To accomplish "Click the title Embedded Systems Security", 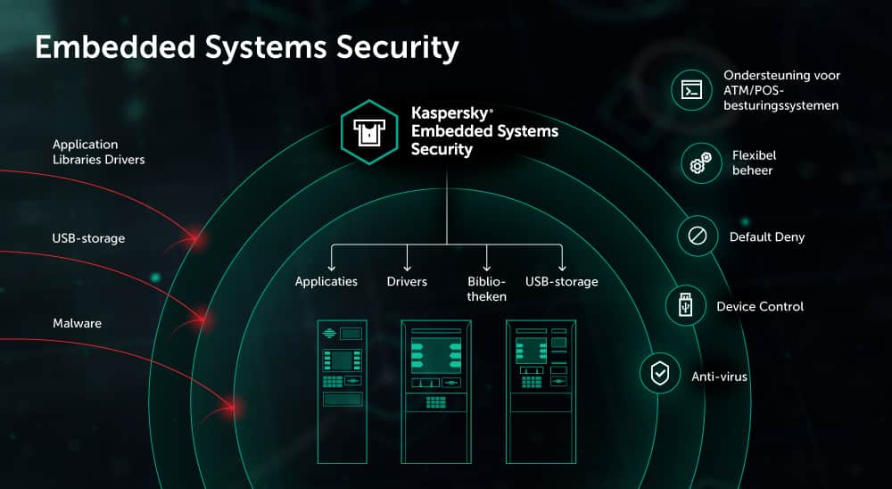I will [x=246, y=48].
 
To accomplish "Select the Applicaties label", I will [x=326, y=282].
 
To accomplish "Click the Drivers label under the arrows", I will [x=407, y=282].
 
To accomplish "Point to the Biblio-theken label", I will [x=487, y=289].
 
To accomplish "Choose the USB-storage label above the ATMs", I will [x=562, y=282].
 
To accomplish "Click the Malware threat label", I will [x=77, y=323].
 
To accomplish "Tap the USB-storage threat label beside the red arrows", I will [x=88, y=238].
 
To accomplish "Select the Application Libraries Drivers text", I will [x=98, y=152].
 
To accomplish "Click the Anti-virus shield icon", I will [x=660, y=375].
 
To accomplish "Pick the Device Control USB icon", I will [x=685, y=305].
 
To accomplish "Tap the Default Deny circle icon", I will [x=698, y=236].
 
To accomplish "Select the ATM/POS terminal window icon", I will [x=691, y=90].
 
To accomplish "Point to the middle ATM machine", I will [x=436, y=391].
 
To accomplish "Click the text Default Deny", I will [x=767, y=237].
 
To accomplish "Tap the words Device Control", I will [x=760, y=306].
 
